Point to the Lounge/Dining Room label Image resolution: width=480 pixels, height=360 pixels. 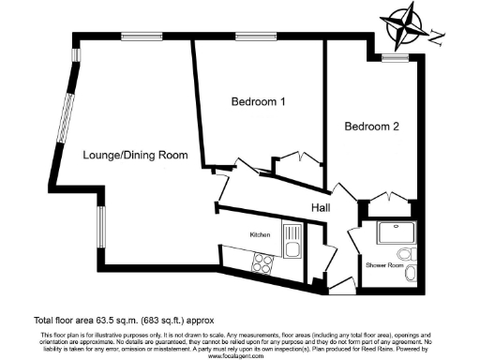[134, 155]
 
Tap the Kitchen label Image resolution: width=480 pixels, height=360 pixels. [260, 233]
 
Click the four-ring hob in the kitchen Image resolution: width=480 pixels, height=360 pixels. [262, 264]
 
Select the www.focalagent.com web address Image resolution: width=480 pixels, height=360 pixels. [239, 355]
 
